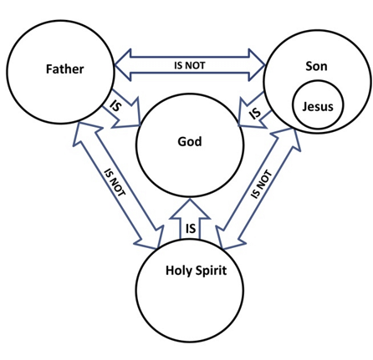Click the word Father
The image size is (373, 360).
(x=64, y=69)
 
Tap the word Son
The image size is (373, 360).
(x=316, y=66)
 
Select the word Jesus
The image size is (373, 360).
(x=318, y=106)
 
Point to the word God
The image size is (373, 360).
(x=190, y=141)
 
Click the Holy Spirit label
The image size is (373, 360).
(x=197, y=271)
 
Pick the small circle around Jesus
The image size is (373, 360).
(x=293, y=105)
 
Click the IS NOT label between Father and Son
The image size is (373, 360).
(x=190, y=65)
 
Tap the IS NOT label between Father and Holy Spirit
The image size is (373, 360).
(x=115, y=182)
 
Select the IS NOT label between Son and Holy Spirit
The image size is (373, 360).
(x=261, y=184)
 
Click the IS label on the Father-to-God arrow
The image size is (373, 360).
(x=115, y=105)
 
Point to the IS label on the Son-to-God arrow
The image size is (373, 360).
(x=255, y=113)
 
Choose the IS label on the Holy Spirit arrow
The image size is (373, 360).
(x=191, y=229)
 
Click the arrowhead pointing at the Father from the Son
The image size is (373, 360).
(x=123, y=65)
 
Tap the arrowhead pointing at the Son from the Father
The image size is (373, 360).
(x=257, y=65)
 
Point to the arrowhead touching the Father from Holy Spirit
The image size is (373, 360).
(x=85, y=132)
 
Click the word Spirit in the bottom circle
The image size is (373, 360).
(x=211, y=271)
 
